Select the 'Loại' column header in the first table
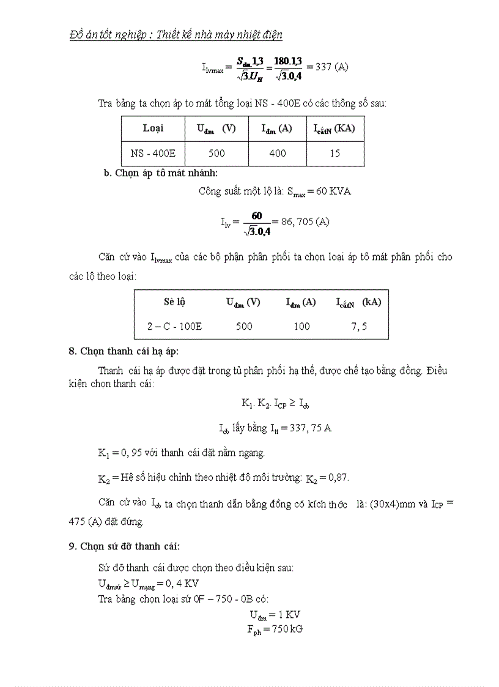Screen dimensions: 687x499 (x=153, y=128)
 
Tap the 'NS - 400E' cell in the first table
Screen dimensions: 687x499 (x=153, y=154)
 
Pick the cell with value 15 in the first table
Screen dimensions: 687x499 (x=335, y=154)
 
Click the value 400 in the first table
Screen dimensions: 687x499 (x=277, y=154)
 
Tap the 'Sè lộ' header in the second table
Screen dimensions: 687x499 (x=174, y=302)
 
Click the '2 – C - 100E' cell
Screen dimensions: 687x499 (x=174, y=327)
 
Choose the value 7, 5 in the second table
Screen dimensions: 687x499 (x=359, y=327)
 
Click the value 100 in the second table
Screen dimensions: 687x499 (x=301, y=327)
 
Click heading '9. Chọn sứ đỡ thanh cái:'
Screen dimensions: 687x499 (x=124, y=546)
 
